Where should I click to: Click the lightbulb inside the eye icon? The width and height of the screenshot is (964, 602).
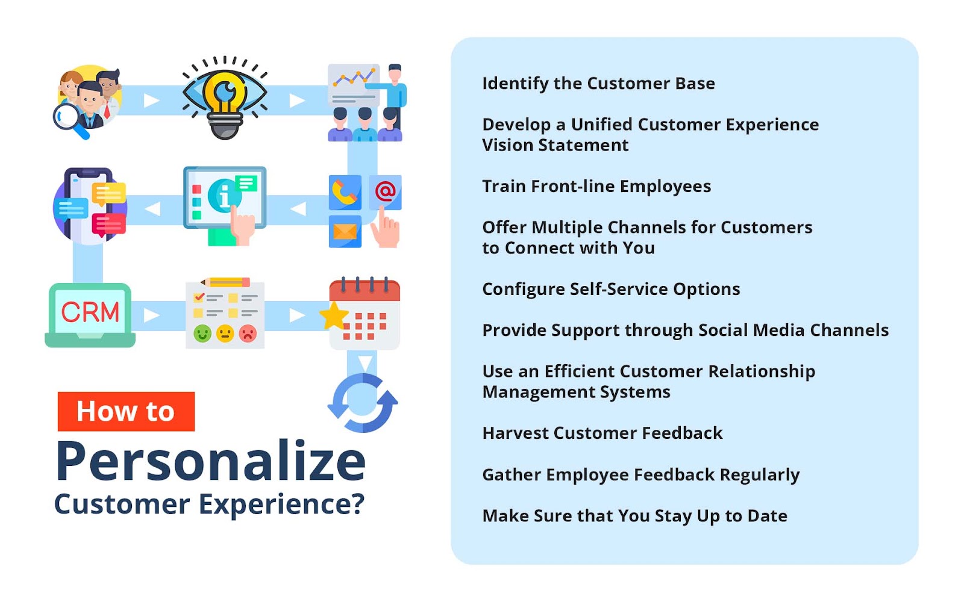(225, 105)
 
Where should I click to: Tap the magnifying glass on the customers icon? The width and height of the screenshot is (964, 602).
(70, 120)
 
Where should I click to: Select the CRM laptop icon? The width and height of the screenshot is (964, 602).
(90, 315)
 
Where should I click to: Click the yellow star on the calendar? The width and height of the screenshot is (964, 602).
(334, 316)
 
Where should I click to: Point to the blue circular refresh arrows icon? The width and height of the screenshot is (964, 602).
(363, 403)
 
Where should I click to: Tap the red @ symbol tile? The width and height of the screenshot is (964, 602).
(385, 192)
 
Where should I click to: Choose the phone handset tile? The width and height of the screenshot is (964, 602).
(345, 192)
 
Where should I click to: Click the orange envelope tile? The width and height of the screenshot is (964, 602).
(345, 232)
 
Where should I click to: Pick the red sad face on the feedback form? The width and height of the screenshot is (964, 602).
(248, 334)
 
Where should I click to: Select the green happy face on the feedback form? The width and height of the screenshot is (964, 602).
(202, 334)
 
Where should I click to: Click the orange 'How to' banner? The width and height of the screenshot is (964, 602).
(126, 412)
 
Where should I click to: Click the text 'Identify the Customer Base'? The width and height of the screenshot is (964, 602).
(599, 84)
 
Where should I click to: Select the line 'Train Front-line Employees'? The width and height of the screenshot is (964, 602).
(596, 186)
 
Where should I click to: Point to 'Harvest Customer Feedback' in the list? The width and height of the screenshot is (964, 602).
(602, 433)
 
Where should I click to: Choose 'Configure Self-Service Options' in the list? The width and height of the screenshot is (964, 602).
(611, 289)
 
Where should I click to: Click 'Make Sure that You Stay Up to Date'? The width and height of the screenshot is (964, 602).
(635, 515)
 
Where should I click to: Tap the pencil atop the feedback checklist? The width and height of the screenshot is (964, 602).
(225, 282)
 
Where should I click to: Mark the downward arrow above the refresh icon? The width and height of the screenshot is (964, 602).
(365, 363)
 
